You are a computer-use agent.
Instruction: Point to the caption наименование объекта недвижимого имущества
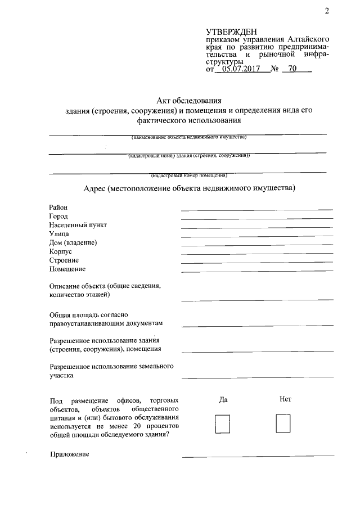pyautogui.click(x=188, y=137)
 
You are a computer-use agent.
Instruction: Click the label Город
pyautogui.click(x=58, y=217)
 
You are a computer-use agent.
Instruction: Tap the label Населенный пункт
pyautogui.click(x=78, y=225)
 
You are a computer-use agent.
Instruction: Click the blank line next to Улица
pyautogui.click(x=257, y=236)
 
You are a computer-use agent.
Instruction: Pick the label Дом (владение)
pyautogui.click(x=73, y=242)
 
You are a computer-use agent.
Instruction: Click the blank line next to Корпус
pyautogui.click(x=257, y=254)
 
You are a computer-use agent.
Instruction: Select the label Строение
pyautogui.click(x=64, y=260)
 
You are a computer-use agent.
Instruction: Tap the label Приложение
pyautogui.click(x=69, y=454)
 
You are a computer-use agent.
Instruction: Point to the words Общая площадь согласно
pyautogui.click(x=89, y=315)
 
